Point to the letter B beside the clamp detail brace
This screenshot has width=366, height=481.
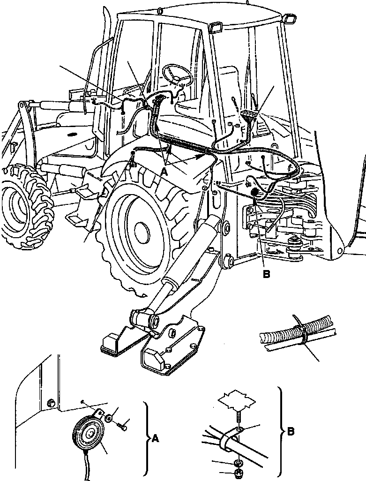(x=291, y=431)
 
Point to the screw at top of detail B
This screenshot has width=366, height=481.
(x=238, y=418)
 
